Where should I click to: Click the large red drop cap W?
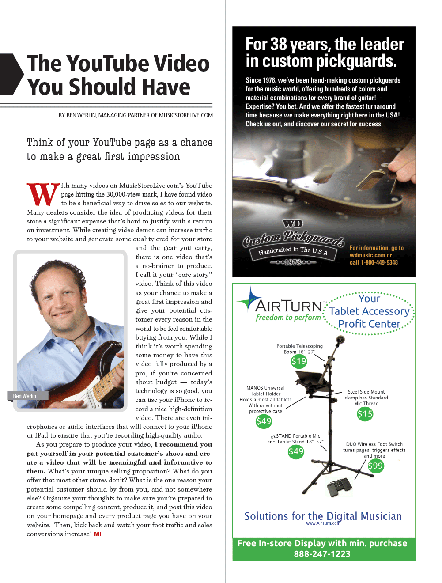[43, 194]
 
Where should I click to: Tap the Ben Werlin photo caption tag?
[25, 396]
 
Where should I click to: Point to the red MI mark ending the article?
[98, 534]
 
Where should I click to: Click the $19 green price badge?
[298, 362]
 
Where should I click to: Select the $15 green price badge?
[365, 414]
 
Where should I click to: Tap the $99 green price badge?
[375, 466]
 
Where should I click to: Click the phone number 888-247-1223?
[322, 554]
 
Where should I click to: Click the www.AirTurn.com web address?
[323, 523]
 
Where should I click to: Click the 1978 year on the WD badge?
[293, 262]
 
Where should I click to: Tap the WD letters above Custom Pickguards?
[293, 223]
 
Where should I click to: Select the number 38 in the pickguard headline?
[279, 45]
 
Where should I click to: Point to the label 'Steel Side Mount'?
[366, 392]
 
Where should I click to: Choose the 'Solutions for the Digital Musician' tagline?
[323, 516]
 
